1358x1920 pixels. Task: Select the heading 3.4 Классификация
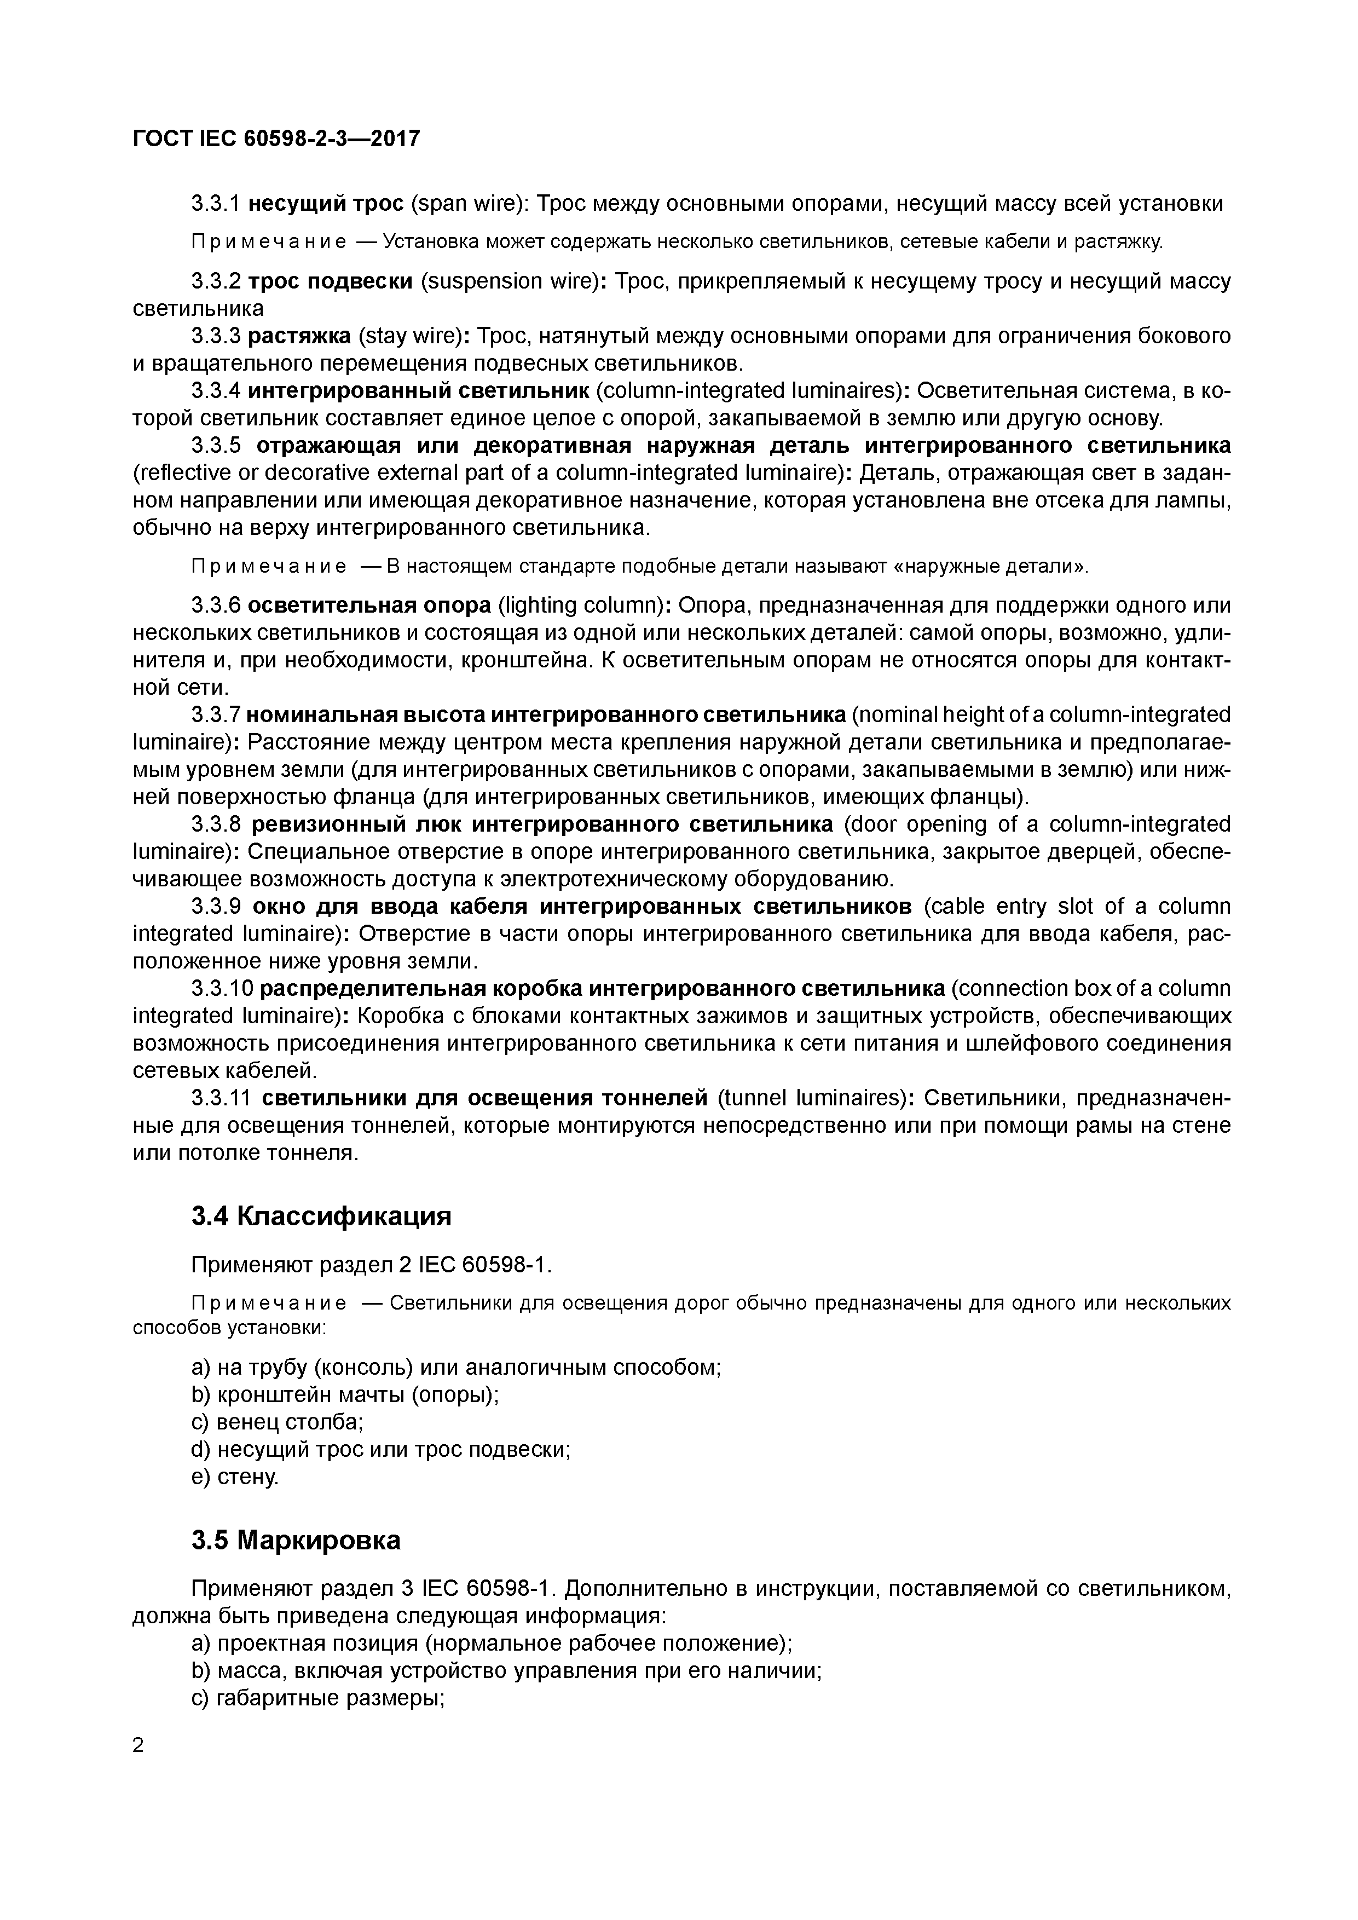(x=321, y=1216)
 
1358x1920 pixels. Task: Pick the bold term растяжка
(x=299, y=336)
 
